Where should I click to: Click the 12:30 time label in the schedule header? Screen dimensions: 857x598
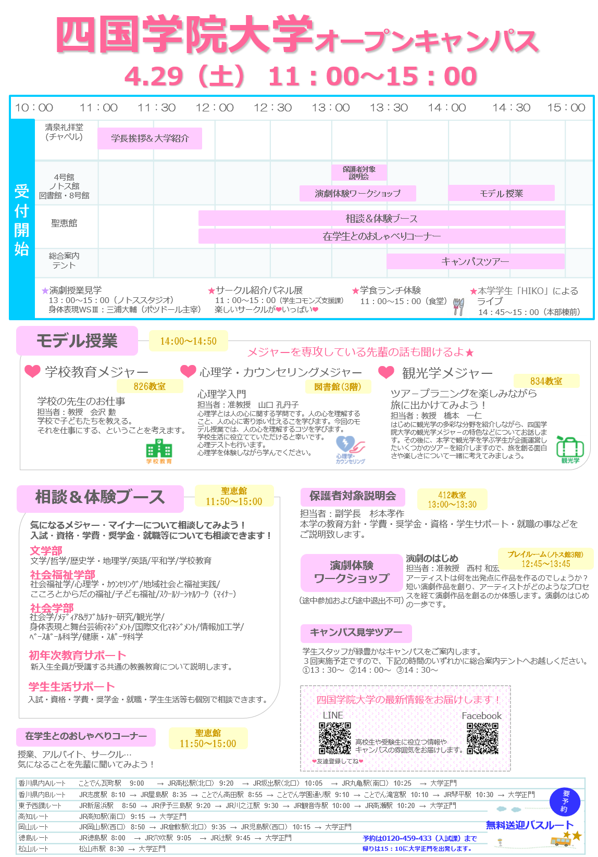pos(272,108)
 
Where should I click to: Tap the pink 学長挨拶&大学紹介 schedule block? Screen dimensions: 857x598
pos(150,138)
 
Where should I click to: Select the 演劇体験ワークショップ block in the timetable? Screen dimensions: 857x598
pos(358,194)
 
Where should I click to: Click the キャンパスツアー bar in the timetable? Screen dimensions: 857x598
pos(475,261)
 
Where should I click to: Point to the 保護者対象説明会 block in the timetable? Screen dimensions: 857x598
pos(359,172)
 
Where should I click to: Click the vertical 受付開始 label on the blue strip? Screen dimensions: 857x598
pos(22,220)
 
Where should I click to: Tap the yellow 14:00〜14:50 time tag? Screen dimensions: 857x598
pos(188,342)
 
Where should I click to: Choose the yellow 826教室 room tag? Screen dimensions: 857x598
pos(150,386)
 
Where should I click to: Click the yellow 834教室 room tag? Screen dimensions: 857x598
pos(546,381)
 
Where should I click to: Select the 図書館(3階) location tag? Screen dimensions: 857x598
pos(338,386)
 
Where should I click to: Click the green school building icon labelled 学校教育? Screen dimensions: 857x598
pos(159,451)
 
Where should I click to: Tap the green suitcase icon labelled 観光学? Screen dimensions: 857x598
pos(570,449)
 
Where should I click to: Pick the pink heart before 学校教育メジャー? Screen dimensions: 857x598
pos(32,371)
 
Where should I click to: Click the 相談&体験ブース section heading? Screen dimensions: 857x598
pos(100,498)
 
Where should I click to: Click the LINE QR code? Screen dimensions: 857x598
pos(334,738)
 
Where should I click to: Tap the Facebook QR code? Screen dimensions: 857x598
pos(482,738)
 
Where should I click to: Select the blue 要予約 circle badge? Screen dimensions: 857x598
pos(565,801)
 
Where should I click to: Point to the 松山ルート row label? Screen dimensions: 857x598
pos(33,849)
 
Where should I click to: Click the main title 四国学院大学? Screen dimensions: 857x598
pos(186,35)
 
